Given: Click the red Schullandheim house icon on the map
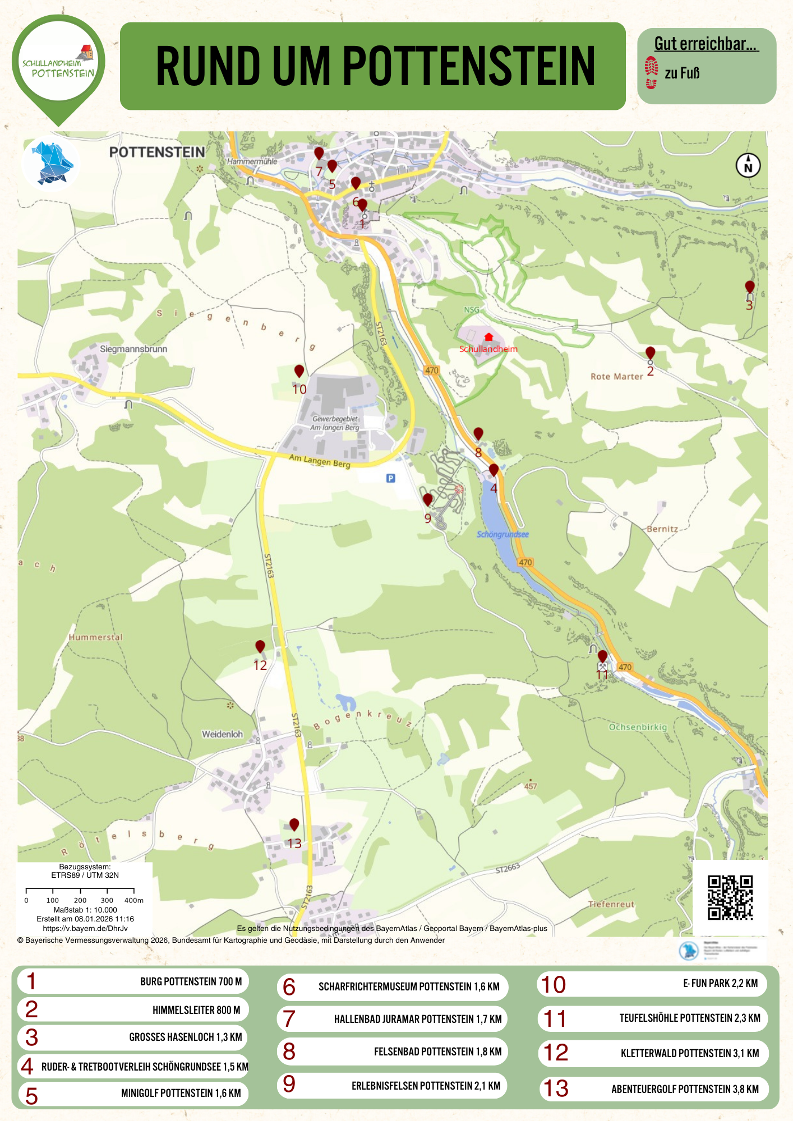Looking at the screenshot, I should (x=488, y=337).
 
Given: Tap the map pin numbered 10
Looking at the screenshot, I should (x=299, y=371).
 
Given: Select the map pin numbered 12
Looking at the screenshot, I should (x=260, y=647).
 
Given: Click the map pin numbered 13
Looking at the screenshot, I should (x=294, y=824).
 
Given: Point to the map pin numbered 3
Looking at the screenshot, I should (x=749, y=287).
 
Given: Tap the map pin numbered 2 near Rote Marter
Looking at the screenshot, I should (x=650, y=353).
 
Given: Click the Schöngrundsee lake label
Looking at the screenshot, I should (x=502, y=534).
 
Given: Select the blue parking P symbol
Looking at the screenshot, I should (x=391, y=478).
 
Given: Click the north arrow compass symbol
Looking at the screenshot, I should (x=748, y=165).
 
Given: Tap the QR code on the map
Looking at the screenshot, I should (x=730, y=897).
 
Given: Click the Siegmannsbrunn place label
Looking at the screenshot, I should (x=133, y=349).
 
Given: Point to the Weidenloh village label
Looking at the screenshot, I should (x=222, y=734).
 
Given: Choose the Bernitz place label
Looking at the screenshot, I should (x=662, y=529).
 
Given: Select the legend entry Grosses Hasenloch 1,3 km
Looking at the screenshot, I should (x=132, y=1037).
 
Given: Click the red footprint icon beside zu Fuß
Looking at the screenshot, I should (x=651, y=73).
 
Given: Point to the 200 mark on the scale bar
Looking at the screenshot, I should (x=80, y=900).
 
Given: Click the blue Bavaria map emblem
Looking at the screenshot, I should (x=52, y=163).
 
